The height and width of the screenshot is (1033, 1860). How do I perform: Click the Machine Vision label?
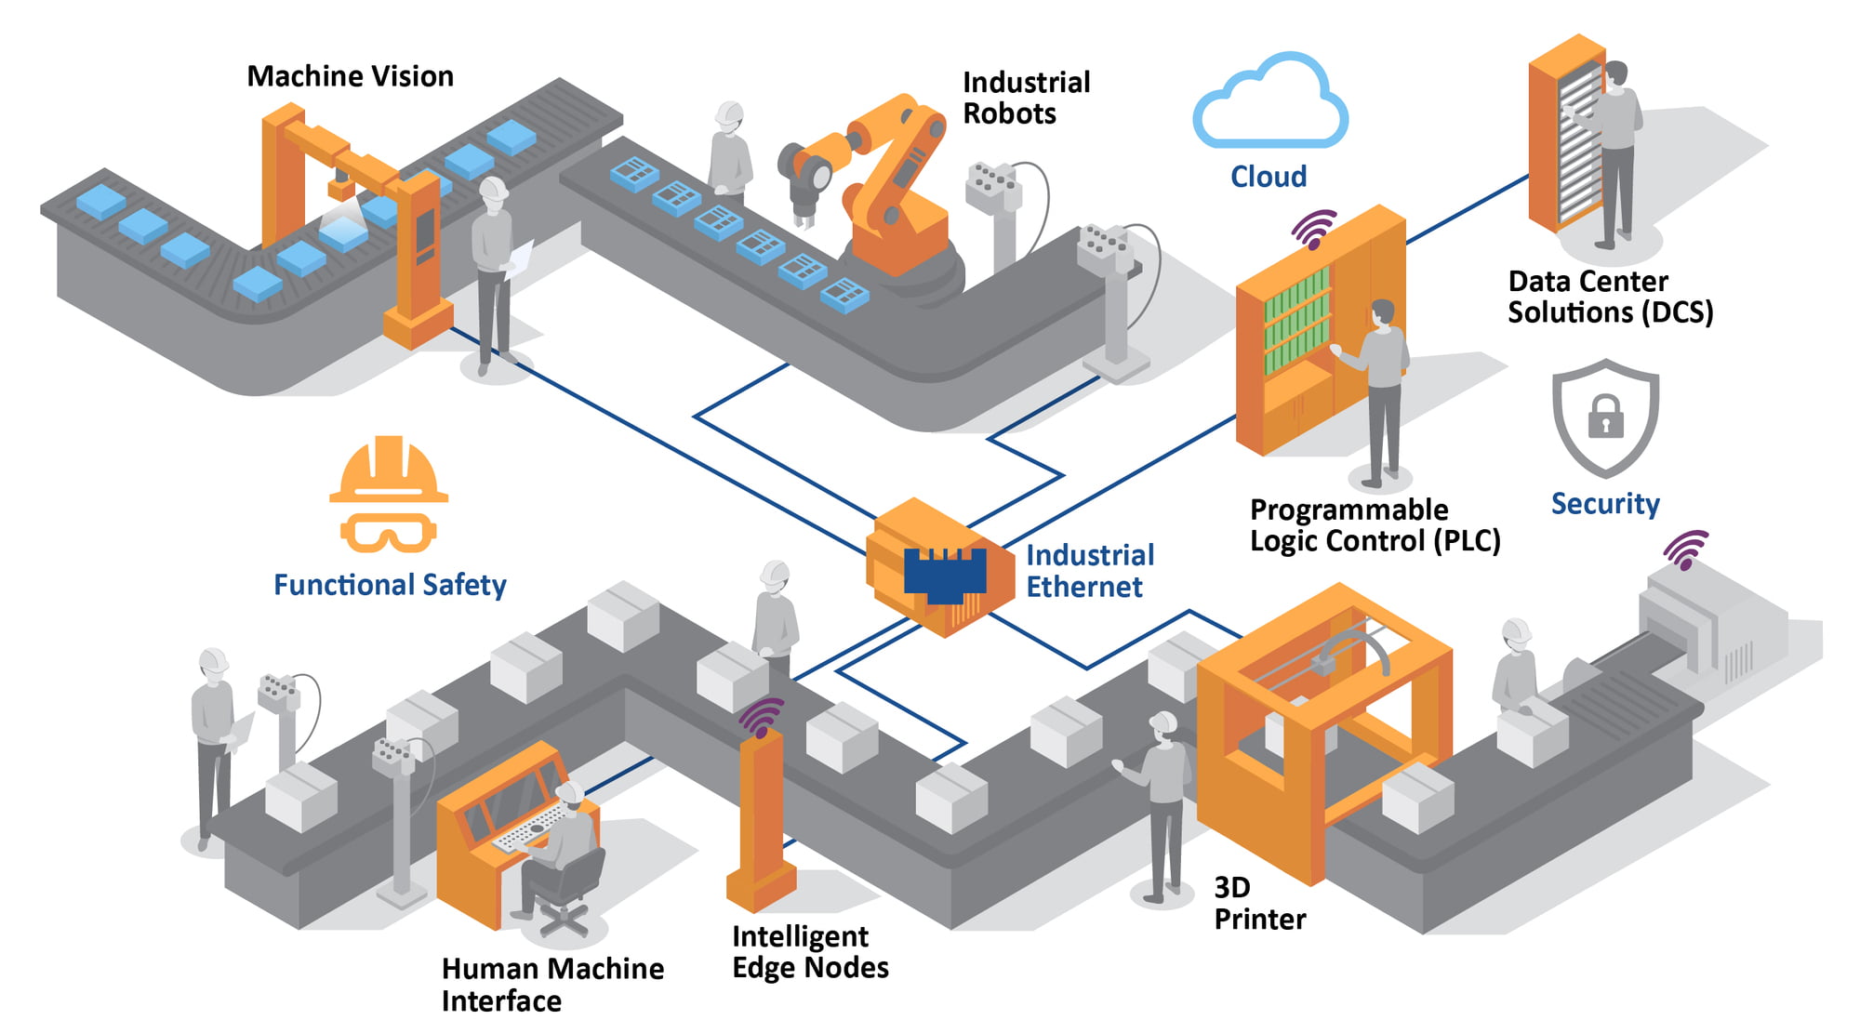[350, 76]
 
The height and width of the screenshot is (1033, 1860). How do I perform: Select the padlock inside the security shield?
[1605, 416]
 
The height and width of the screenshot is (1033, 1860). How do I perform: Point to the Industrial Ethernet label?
[1089, 571]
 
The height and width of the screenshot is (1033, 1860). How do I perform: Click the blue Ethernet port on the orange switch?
[945, 572]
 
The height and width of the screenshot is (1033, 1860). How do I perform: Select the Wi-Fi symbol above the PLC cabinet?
[1314, 229]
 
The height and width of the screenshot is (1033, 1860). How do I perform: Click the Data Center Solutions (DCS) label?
[1610, 297]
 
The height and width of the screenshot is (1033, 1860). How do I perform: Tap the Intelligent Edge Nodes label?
[810, 952]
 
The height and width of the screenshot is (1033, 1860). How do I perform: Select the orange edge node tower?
[762, 818]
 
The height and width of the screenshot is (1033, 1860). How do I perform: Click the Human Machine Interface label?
[552, 985]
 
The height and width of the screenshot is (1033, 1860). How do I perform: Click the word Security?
[1605, 504]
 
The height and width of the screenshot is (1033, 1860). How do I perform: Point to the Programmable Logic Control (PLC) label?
[1375, 525]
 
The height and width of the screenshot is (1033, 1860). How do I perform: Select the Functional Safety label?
[390, 585]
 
